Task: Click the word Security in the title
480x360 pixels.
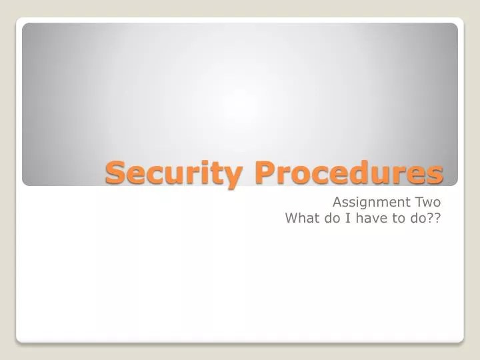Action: coord(174,173)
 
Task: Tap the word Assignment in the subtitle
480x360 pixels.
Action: coord(371,203)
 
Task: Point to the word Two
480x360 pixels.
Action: coord(428,203)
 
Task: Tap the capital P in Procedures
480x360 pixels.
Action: coord(266,172)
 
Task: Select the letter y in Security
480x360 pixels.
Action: coord(233,177)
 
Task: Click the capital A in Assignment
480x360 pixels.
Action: coord(338,203)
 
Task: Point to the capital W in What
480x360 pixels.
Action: coord(293,218)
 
